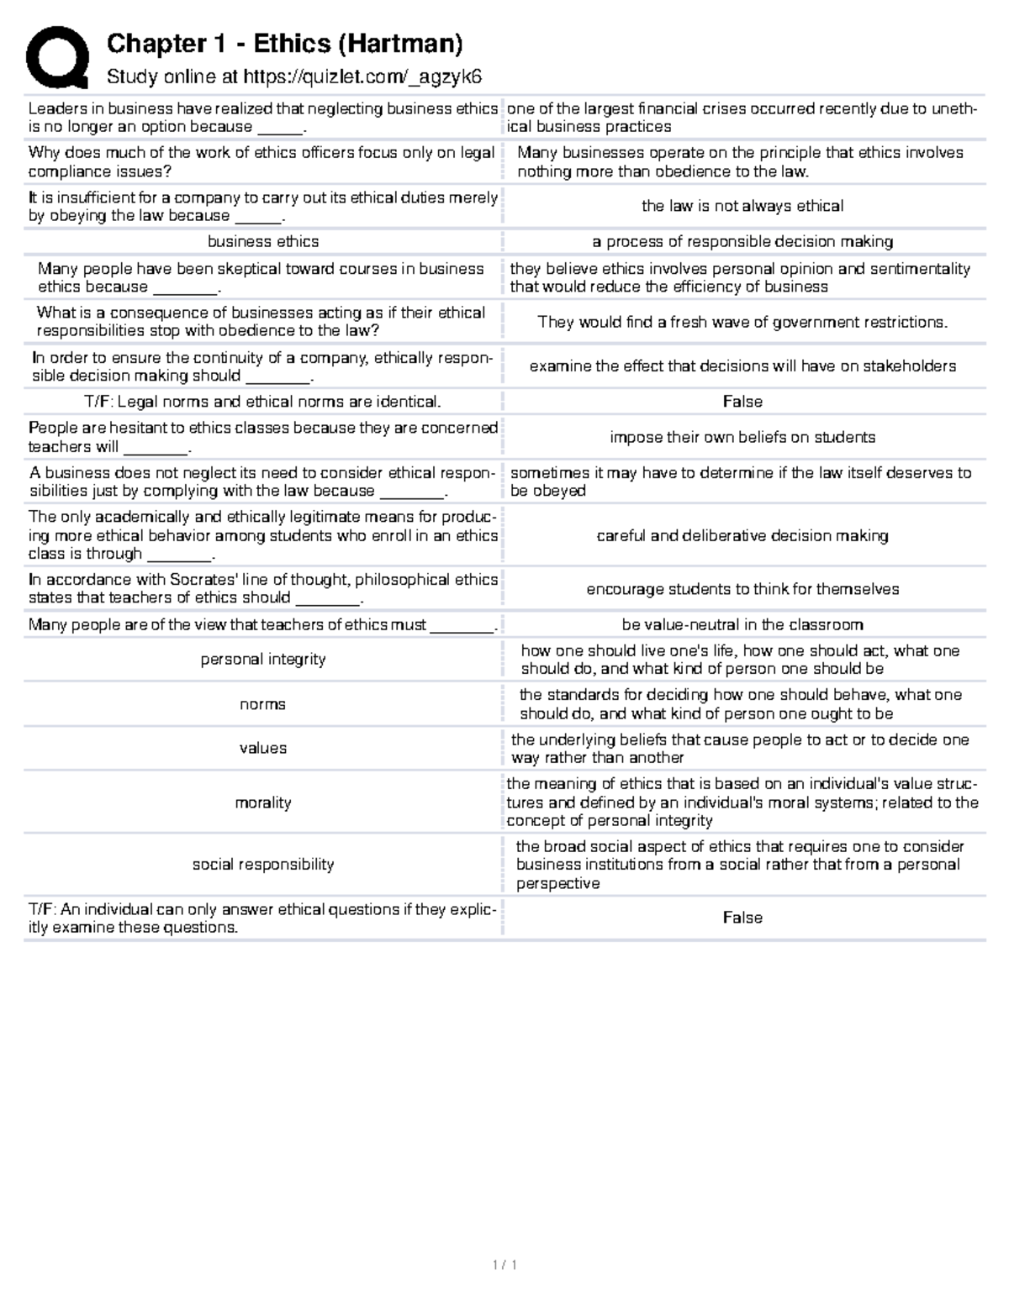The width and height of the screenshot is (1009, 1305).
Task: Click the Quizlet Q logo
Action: pyautogui.click(x=57, y=57)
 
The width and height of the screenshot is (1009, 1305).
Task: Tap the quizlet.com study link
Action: pyautogui.click(x=362, y=77)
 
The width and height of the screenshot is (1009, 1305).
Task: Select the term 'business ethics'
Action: pyautogui.click(x=263, y=242)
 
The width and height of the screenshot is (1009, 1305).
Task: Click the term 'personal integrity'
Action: pyautogui.click(x=263, y=660)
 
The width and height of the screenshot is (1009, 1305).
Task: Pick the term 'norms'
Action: pyautogui.click(x=263, y=704)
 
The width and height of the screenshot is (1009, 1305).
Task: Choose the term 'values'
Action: pyautogui.click(x=263, y=749)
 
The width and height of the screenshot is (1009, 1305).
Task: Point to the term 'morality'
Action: pyautogui.click(x=263, y=802)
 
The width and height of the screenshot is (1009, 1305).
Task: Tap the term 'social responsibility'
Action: pyautogui.click(x=263, y=865)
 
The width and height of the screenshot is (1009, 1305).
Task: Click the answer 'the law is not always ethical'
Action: pyautogui.click(x=742, y=206)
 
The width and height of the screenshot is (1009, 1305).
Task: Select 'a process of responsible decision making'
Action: pyautogui.click(x=742, y=242)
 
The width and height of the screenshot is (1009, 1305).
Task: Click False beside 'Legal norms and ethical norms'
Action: pyautogui.click(x=742, y=402)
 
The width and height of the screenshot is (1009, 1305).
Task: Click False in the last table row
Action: pyautogui.click(x=742, y=918)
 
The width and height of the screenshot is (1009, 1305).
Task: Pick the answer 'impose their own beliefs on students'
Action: pyautogui.click(x=742, y=437)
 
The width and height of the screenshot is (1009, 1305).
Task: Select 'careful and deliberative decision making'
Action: pyautogui.click(x=742, y=535)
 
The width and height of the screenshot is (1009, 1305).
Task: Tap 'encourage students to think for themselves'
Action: pyautogui.click(x=742, y=589)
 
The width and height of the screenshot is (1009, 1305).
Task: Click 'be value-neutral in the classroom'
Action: pyautogui.click(x=742, y=624)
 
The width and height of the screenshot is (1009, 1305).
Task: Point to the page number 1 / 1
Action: pyautogui.click(x=504, y=1265)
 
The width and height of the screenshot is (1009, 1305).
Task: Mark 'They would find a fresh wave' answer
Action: pyautogui.click(x=742, y=322)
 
